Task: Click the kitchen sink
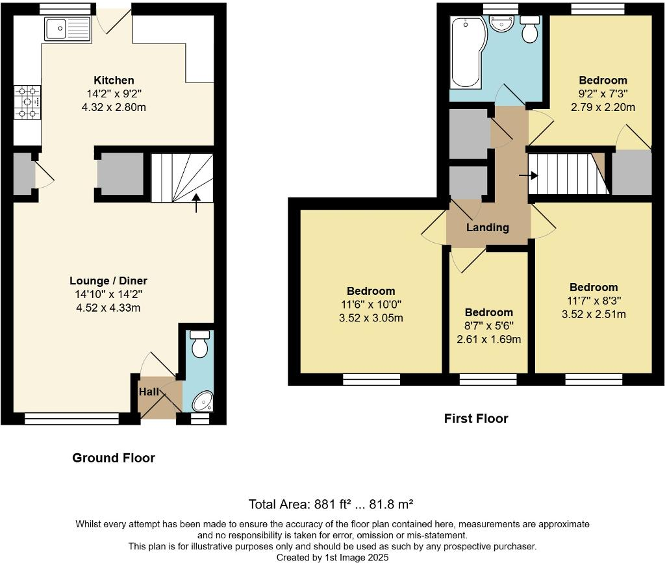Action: point(67,29)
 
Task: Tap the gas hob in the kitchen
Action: point(27,103)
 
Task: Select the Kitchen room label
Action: point(114,81)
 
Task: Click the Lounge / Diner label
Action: point(108,281)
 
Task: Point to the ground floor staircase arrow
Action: point(197,203)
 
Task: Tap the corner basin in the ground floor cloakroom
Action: point(203,401)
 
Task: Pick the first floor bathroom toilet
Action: point(531,29)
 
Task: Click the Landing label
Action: point(488,227)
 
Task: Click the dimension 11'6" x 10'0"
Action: point(371,305)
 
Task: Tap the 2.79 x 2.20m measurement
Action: point(603,107)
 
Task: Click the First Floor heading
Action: point(476,419)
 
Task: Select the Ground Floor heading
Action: point(114,458)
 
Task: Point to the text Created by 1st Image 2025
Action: point(333,557)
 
